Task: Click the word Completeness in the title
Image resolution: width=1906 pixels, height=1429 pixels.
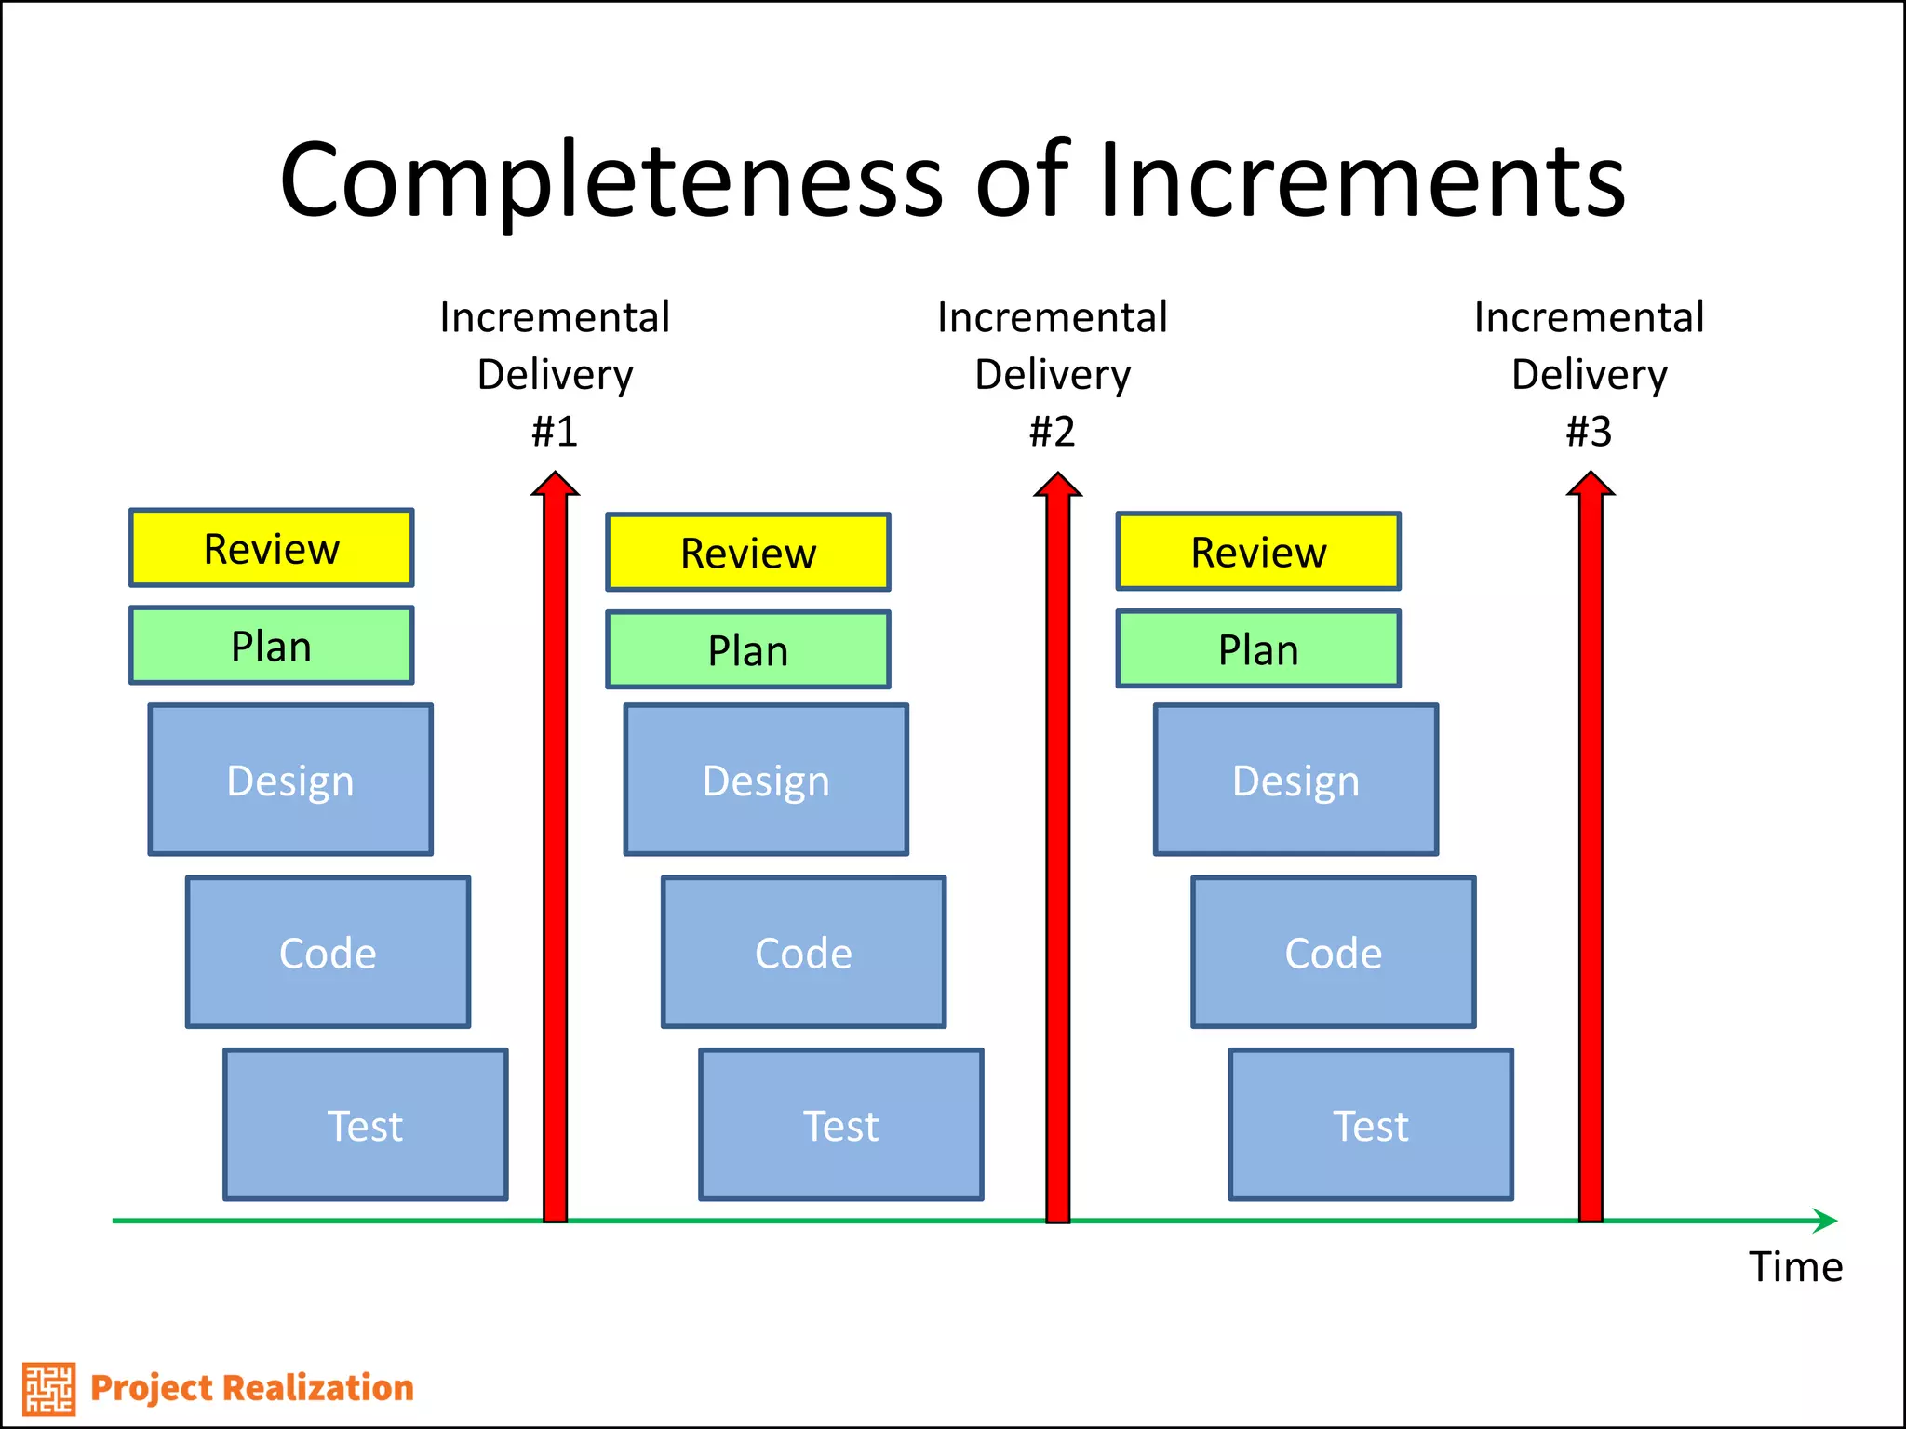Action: (x=612, y=181)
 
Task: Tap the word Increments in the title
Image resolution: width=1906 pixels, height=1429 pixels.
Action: (x=1362, y=181)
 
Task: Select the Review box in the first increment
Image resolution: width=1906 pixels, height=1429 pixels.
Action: (x=271, y=548)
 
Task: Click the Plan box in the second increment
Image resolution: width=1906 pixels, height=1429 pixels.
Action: (x=747, y=649)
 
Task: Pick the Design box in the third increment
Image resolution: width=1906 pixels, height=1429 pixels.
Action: (x=1295, y=780)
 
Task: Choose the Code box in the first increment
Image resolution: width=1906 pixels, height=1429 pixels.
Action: (x=328, y=952)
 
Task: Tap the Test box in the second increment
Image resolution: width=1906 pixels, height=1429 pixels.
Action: (x=840, y=1125)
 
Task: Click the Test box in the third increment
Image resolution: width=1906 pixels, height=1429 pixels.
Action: (x=1370, y=1125)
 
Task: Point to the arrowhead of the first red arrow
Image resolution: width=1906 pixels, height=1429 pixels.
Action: (x=556, y=485)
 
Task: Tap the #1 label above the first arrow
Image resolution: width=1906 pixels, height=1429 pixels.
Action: (x=555, y=432)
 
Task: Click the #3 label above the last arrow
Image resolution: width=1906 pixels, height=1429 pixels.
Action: (x=1589, y=432)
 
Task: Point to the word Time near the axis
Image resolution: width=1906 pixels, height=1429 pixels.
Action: (x=1795, y=1267)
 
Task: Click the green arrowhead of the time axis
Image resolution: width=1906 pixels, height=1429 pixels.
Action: (x=1825, y=1220)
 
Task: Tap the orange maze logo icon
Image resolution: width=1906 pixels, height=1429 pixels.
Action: (x=48, y=1388)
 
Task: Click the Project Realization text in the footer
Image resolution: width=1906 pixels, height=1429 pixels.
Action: (x=251, y=1388)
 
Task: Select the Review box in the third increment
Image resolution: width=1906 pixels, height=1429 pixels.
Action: (x=1258, y=552)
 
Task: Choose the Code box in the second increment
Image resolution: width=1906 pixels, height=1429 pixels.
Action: (x=803, y=952)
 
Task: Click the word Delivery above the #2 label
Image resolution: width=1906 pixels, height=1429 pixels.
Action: (x=1053, y=375)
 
